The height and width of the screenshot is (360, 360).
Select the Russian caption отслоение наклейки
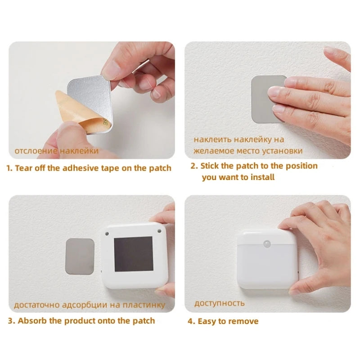point(56,151)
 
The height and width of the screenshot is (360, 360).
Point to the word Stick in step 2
point(209,166)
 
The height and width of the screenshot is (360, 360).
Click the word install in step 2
point(261,177)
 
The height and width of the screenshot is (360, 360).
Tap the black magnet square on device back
point(133,254)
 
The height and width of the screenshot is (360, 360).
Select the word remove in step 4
point(243,321)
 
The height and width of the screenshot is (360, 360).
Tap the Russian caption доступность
point(220,303)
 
